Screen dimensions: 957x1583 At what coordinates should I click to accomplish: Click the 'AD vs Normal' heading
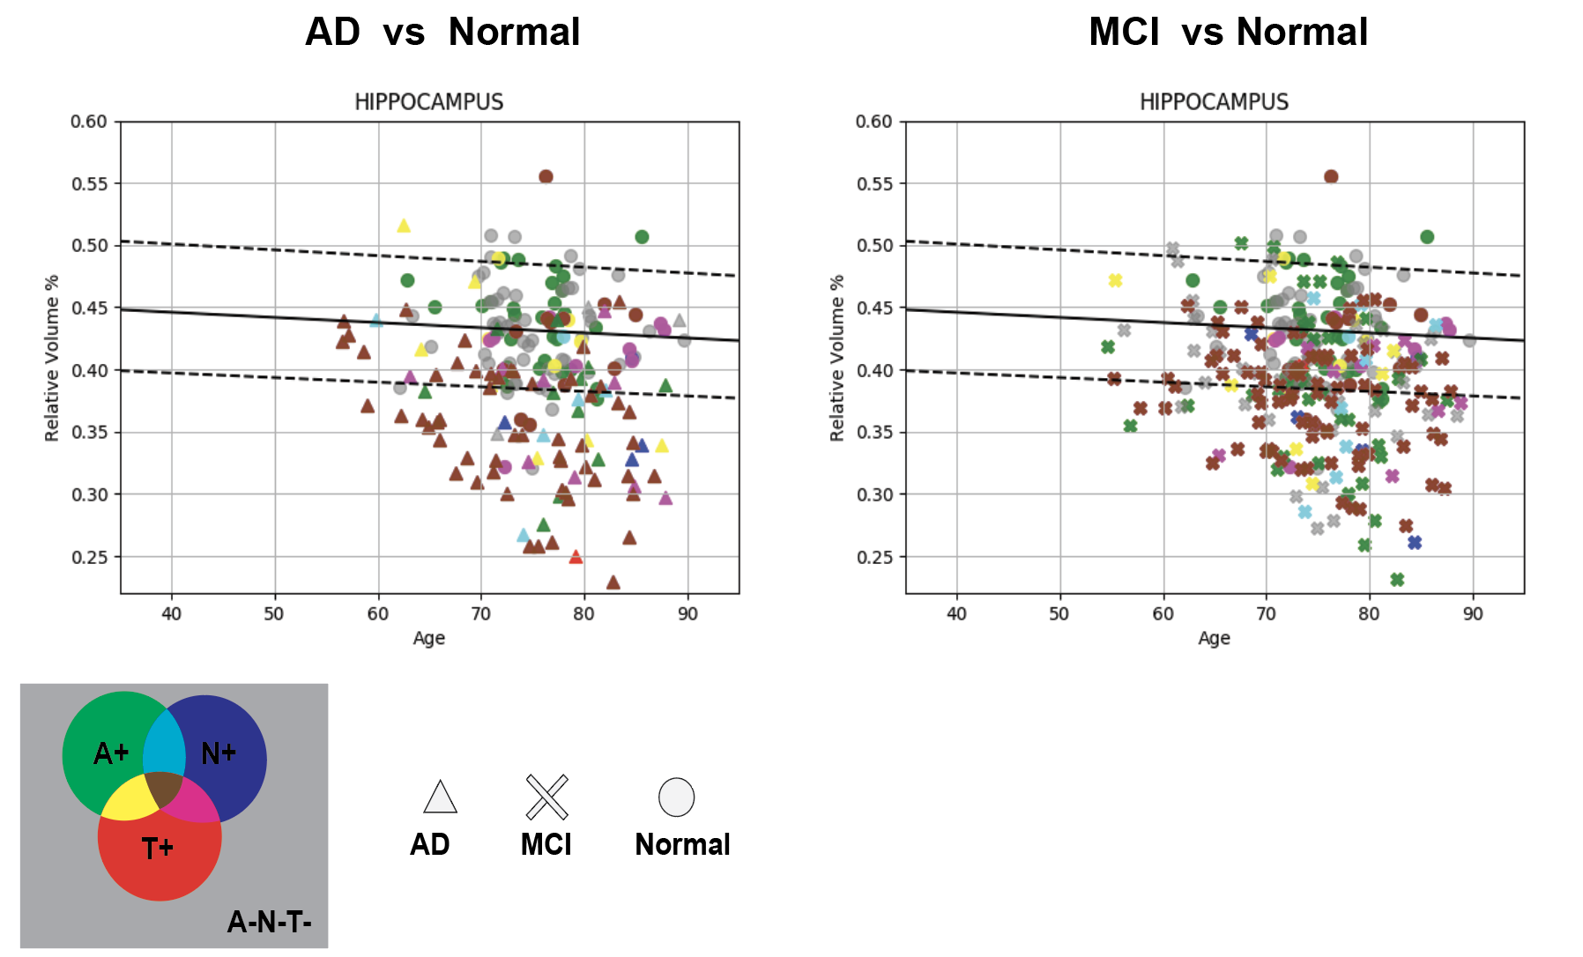click(x=442, y=33)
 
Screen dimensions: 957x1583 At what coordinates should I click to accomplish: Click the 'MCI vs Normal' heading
click(x=1228, y=33)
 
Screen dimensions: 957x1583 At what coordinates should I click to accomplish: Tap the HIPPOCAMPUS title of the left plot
click(x=428, y=102)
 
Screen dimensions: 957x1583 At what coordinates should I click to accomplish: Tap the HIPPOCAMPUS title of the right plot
click(x=1214, y=102)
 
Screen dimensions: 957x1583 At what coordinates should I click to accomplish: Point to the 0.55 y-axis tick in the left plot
click(x=89, y=184)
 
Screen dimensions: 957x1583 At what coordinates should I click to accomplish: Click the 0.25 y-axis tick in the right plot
click(x=874, y=557)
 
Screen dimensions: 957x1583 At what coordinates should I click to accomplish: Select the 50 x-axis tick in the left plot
click(x=274, y=614)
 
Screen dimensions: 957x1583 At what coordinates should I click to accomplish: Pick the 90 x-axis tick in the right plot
click(x=1473, y=614)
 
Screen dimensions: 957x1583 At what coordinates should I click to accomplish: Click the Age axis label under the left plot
click(x=428, y=638)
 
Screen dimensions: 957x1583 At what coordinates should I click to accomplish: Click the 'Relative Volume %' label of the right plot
click(x=837, y=358)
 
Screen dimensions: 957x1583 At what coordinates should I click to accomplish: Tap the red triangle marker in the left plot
click(x=576, y=557)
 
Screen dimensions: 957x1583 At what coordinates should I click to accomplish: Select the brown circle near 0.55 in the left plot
click(x=546, y=176)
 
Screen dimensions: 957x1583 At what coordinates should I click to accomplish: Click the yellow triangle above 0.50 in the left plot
click(x=404, y=226)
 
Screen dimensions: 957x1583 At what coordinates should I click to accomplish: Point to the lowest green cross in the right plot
click(x=1397, y=579)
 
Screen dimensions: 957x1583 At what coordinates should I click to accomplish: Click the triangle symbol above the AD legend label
click(x=440, y=797)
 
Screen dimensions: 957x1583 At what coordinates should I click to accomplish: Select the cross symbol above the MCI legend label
click(x=546, y=797)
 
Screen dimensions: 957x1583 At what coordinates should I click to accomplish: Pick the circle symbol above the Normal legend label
click(x=677, y=797)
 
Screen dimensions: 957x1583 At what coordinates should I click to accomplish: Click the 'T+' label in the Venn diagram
click(x=158, y=849)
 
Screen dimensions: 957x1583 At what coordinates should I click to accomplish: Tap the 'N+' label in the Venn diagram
click(x=219, y=753)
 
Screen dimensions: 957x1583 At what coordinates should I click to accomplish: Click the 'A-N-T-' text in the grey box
click(x=269, y=923)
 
